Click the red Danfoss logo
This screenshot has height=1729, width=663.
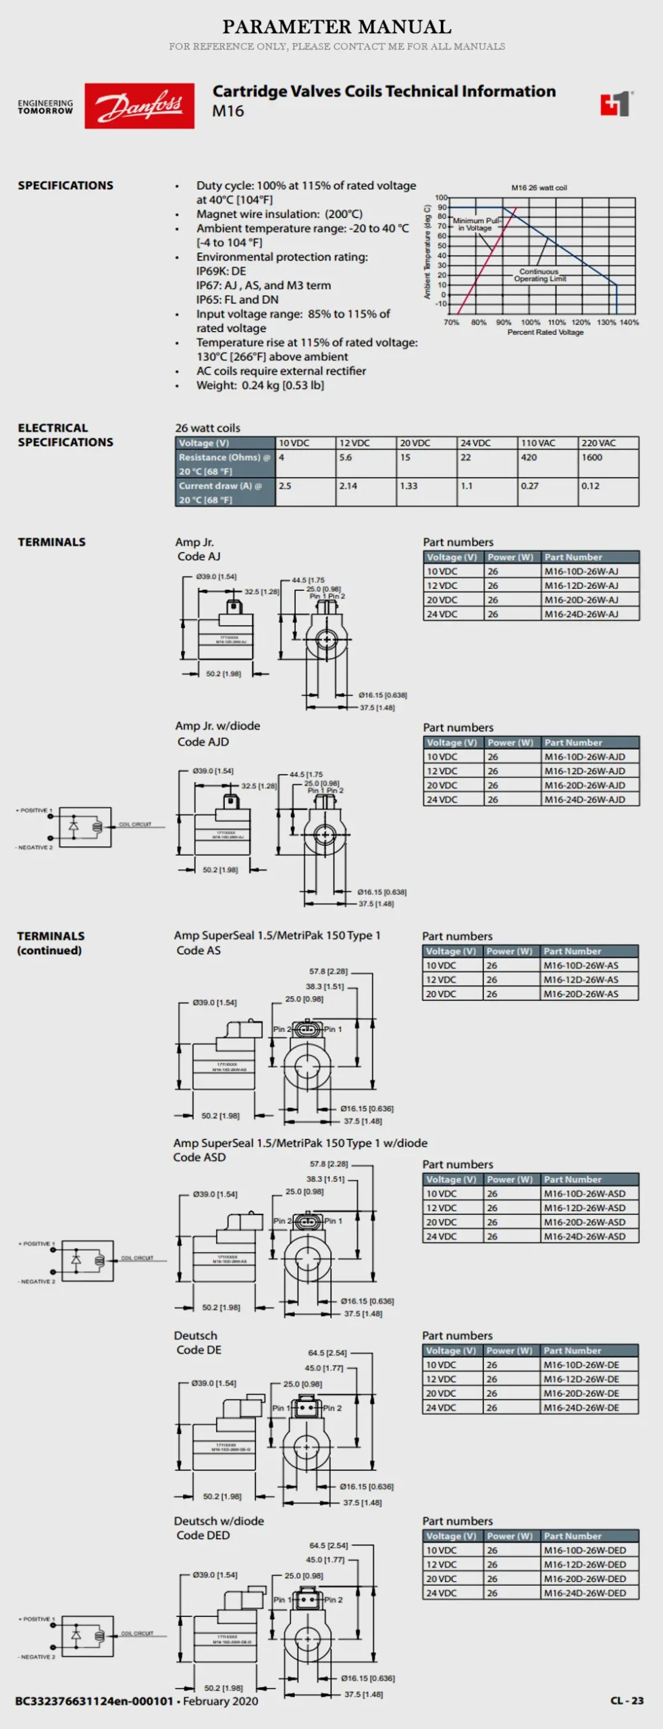[x=139, y=105]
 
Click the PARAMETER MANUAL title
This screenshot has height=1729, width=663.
[x=337, y=27]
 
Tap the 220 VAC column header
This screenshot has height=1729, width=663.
[x=599, y=443]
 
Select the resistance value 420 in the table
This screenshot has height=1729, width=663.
[x=529, y=457]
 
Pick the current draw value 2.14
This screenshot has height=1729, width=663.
[x=348, y=486]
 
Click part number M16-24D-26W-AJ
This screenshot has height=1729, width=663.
[x=581, y=614]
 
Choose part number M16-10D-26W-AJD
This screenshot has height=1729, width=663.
[x=585, y=756]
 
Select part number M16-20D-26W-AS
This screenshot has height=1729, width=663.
[x=581, y=993]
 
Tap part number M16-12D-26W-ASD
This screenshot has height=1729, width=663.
[x=585, y=1208]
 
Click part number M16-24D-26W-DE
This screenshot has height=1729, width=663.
[x=581, y=1408]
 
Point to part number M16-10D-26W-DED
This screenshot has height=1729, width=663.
[x=585, y=1550]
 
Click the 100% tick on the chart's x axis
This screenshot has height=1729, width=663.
[x=531, y=322]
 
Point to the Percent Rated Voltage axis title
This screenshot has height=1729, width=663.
[x=545, y=332]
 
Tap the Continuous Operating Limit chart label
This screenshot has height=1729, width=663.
[x=539, y=275]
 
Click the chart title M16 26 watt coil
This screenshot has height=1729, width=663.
[x=539, y=188]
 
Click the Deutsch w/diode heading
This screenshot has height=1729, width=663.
[x=219, y=1520]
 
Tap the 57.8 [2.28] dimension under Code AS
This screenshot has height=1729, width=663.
[x=329, y=971]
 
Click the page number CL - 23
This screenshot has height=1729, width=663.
[x=627, y=1700]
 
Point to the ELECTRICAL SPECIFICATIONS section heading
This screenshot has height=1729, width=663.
[x=65, y=435]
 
